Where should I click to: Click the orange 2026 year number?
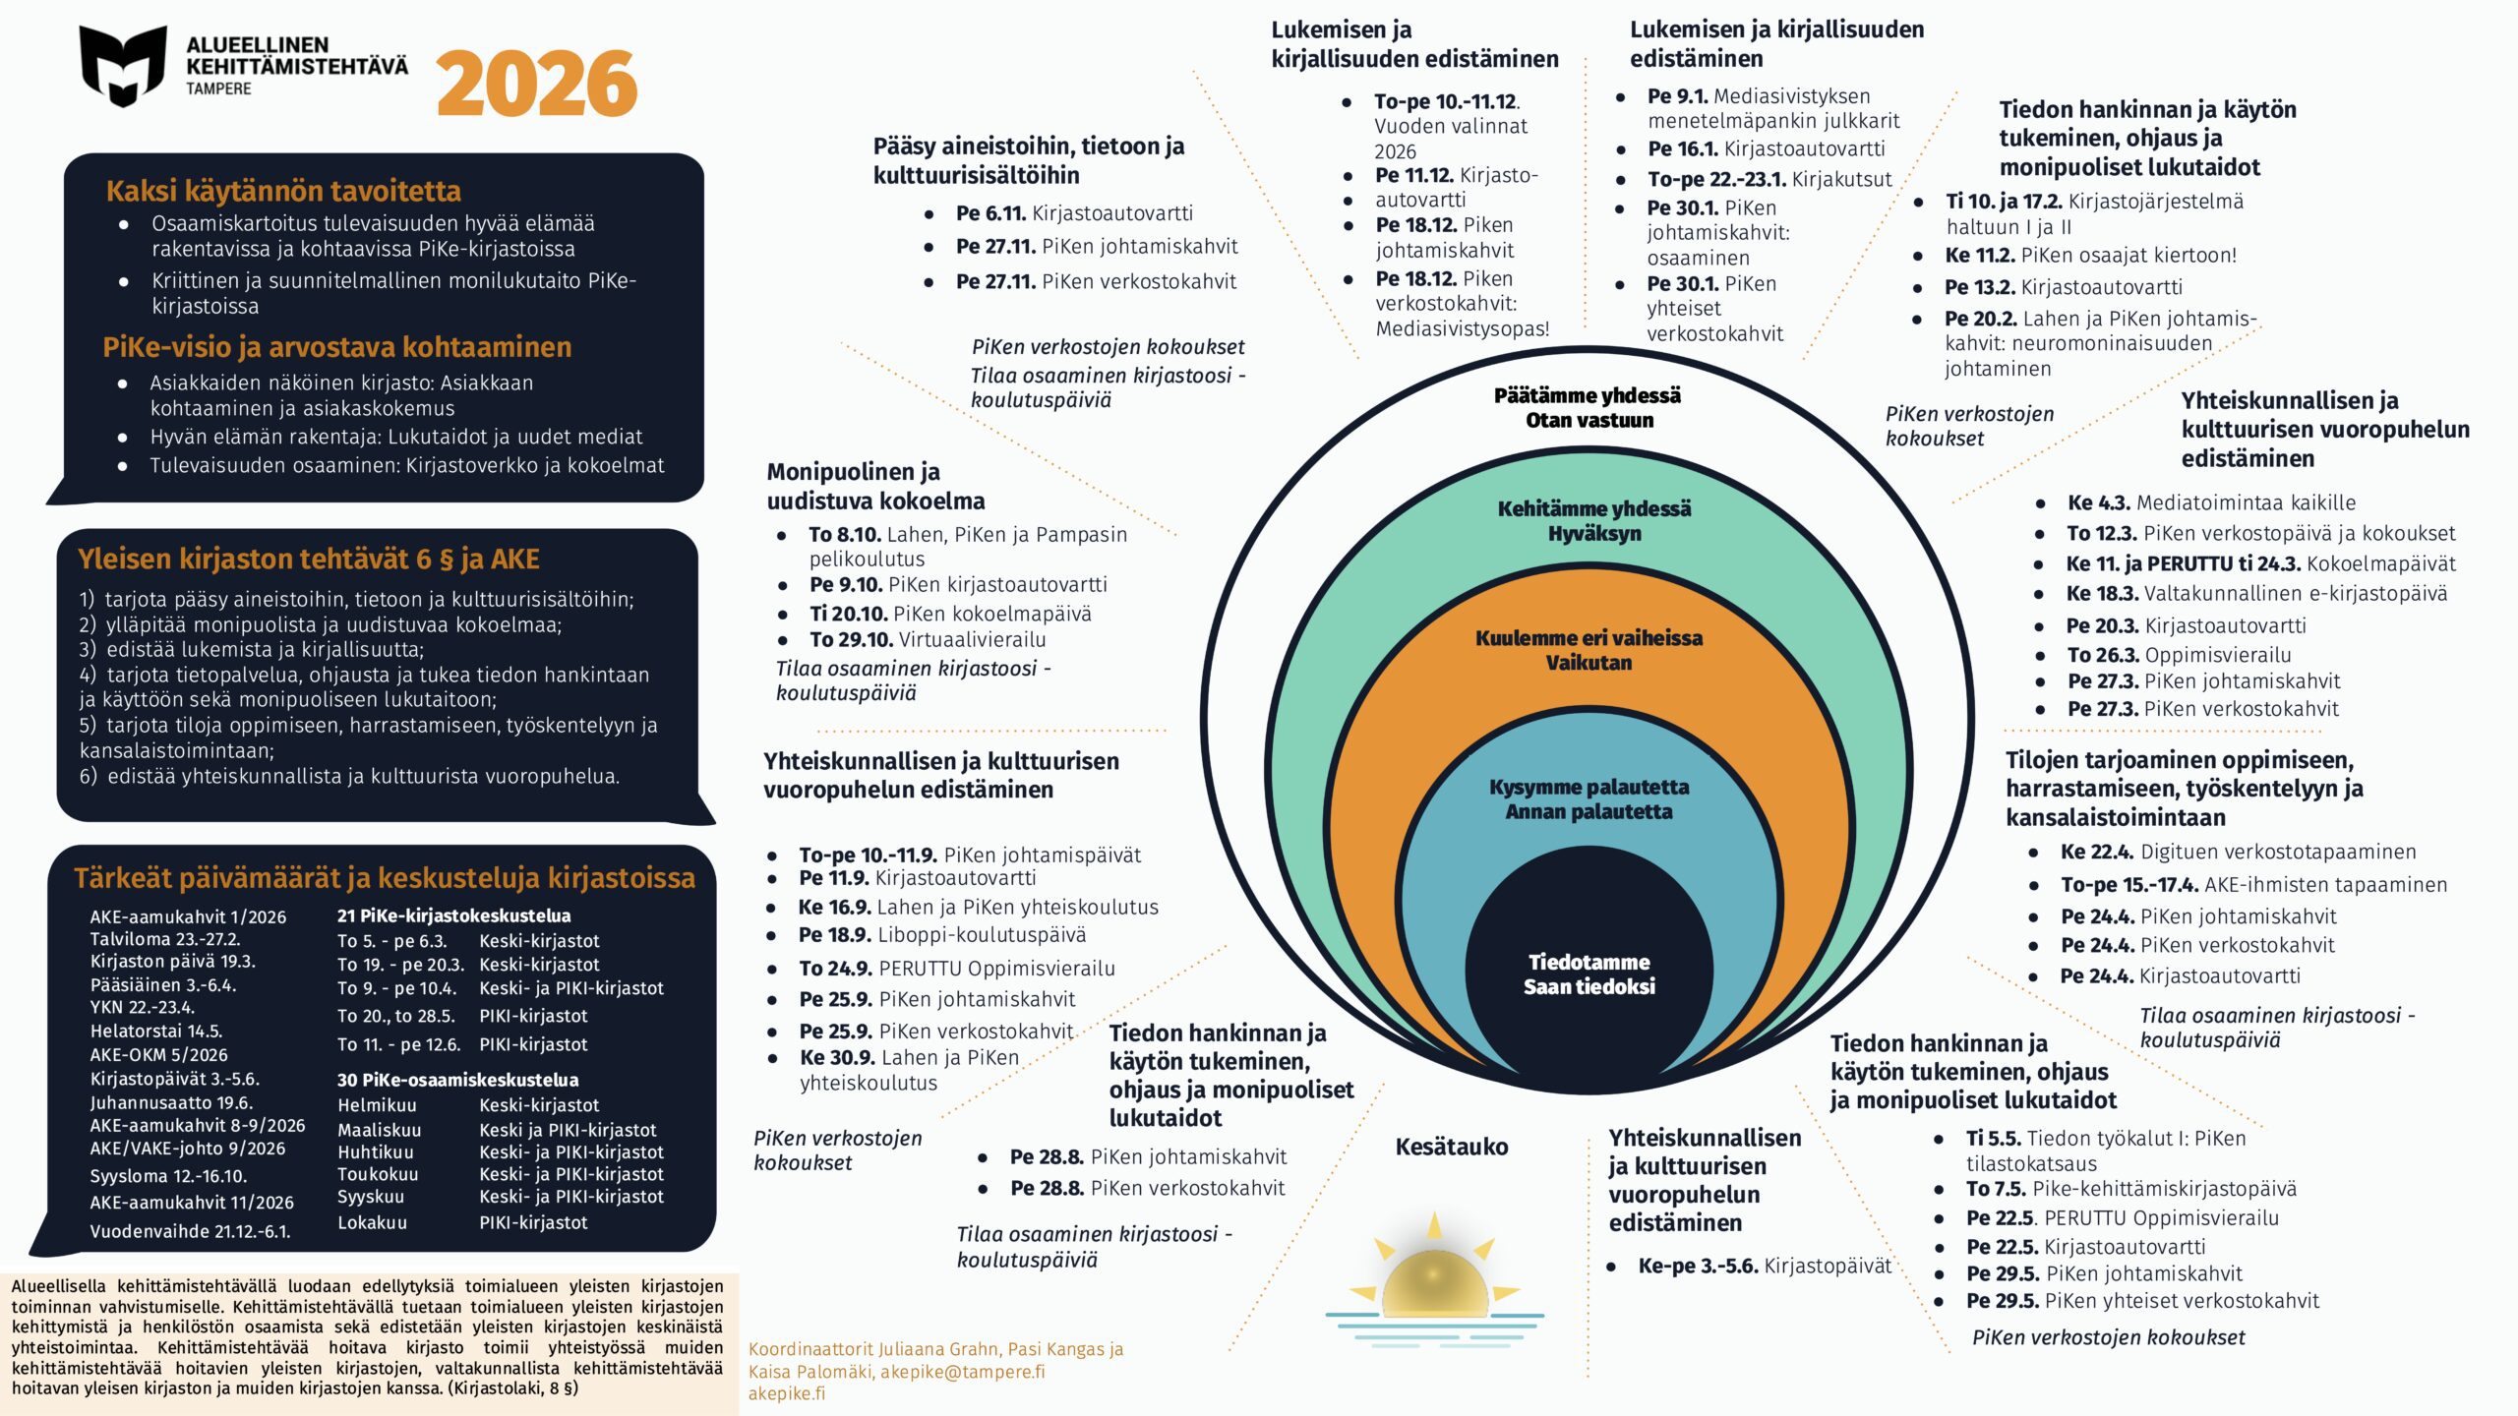pyautogui.click(x=537, y=85)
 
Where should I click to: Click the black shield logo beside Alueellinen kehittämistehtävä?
pyautogui.click(x=123, y=66)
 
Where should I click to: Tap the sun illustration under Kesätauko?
pyautogui.click(x=1434, y=1278)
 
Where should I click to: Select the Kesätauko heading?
pyautogui.click(x=1451, y=1147)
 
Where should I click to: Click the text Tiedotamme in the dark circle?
pyautogui.click(x=1589, y=962)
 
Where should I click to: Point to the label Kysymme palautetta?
pyautogui.click(x=1589, y=787)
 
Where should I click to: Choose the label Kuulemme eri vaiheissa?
pyautogui.click(x=1589, y=637)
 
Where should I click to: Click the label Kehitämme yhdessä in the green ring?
pyautogui.click(x=1593, y=508)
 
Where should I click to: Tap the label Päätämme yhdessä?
pyautogui.click(x=1588, y=395)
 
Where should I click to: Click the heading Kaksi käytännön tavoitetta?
pyautogui.click(x=283, y=191)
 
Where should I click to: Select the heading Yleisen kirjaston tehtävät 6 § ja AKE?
pyautogui.click(x=309, y=560)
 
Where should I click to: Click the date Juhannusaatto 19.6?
pyautogui.click(x=171, y=1102)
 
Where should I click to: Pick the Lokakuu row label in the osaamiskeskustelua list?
pyautogui.click(x=372, y=1222)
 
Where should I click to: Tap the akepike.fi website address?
pyautogui.click(x=787, y=1393)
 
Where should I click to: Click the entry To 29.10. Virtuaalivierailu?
pyautogui.click(x=928, y=639)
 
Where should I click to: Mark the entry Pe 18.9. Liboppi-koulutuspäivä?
pyautogui.click(x=942, y=934)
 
